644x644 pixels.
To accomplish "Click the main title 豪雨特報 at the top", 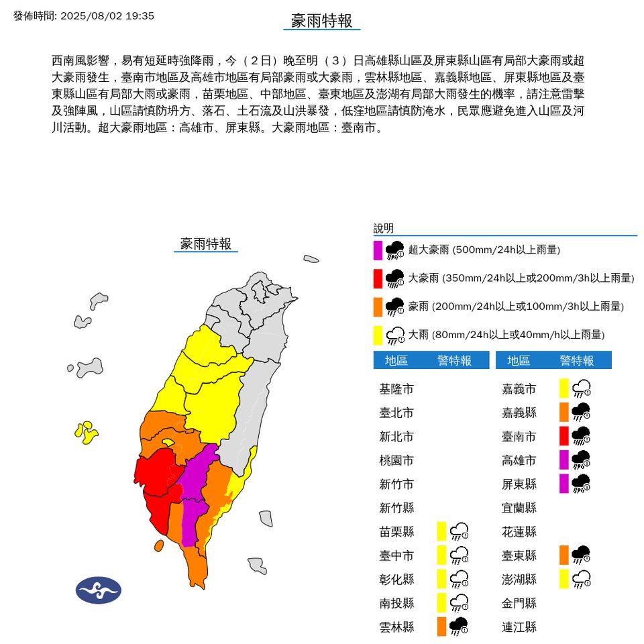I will pos(321,21).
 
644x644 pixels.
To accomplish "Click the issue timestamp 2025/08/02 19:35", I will pos(107,15).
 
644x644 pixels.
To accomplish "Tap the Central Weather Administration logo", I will pos(99,590).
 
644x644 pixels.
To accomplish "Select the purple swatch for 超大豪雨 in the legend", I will pos(378,250).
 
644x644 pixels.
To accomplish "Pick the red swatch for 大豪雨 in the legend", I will pos(378,278).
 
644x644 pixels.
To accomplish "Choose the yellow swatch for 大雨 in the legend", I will pos(378,334).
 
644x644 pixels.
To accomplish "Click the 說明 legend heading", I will pos(384,228).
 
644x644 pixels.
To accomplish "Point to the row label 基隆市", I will pos(396,388).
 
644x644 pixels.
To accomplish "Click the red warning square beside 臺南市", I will pos(564,436).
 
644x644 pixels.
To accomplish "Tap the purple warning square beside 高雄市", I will pos(564,460).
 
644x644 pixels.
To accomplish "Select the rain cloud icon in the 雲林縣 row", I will pos(459,626).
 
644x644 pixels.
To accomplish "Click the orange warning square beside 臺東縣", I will pos(564,554).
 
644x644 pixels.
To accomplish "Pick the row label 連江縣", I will pos(519,627).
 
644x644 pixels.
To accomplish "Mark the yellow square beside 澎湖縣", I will pos(564,578).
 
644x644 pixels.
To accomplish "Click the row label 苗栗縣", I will pos(396,531).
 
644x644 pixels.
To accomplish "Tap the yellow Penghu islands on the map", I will pos(86,432).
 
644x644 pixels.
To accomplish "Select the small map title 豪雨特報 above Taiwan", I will pos(206,244).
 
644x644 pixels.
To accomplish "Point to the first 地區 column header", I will pos(396,360).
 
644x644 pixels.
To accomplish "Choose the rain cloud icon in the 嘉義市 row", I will pos(581,388).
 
